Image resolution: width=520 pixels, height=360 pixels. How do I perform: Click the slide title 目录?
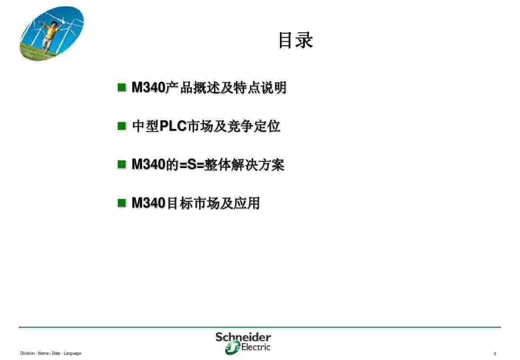click(296, 40)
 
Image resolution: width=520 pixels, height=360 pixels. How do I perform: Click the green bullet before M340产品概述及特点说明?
click(122, 88)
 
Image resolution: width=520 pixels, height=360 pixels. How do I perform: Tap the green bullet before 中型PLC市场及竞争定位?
click(122, 126)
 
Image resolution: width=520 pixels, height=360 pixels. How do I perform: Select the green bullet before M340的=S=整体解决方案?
click(122, 164)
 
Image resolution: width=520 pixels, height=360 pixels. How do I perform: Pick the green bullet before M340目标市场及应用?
click(122, 203)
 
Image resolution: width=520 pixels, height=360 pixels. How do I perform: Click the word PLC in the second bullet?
click(173, 126)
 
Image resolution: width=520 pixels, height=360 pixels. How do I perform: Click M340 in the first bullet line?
click(148, 88)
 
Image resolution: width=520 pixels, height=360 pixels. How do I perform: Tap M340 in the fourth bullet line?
click(148, 203)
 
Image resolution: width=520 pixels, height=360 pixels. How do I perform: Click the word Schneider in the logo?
click(243, 337)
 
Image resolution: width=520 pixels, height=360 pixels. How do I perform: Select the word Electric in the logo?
click(256, 347)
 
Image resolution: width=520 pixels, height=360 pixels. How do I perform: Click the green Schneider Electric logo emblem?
click(232, 348)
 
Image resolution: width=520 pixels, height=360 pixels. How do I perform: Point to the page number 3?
click(495, 354)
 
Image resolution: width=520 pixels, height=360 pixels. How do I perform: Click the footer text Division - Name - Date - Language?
click(50, 353)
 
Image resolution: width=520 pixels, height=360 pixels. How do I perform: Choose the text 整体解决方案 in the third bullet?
click(244, 165)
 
